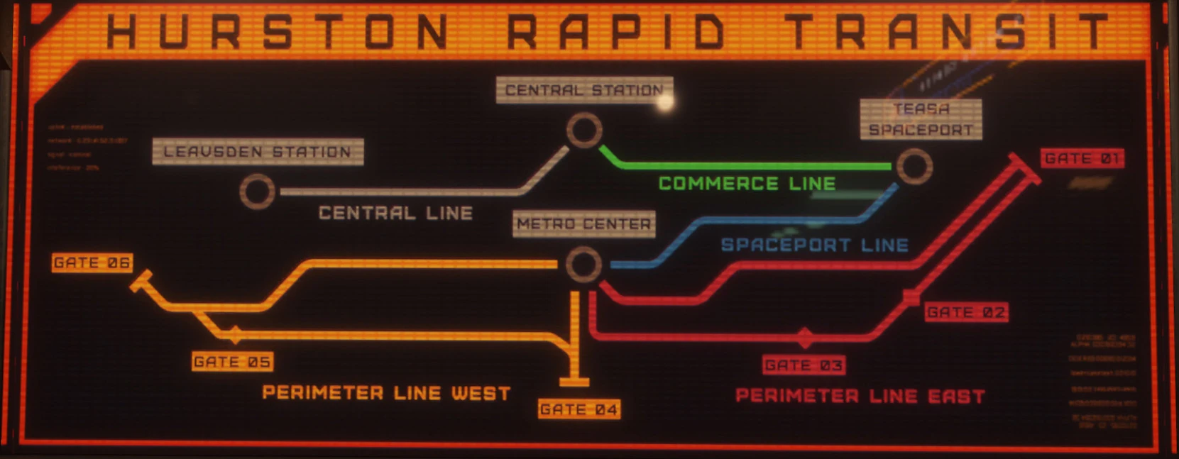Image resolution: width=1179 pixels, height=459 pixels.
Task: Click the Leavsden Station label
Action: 258,152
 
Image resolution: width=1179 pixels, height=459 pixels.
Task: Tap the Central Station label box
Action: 584,90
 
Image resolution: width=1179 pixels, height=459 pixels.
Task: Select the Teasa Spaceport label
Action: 921,119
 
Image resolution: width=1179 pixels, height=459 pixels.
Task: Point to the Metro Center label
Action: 583,224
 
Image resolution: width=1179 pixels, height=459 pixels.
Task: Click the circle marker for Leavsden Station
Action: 257,192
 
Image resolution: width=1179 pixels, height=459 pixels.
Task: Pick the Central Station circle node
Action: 584,131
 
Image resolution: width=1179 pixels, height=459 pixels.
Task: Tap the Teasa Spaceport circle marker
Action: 914,166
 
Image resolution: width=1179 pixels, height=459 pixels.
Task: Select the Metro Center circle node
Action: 583,265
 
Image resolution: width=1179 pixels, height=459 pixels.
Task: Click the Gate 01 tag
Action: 1082,158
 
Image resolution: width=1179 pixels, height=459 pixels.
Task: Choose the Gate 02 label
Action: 966,312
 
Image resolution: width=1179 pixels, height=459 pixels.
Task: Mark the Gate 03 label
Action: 804,365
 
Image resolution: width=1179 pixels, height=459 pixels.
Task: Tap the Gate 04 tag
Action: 578,409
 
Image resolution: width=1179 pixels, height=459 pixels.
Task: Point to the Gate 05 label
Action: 232,362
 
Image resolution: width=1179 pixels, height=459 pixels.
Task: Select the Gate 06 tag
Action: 92,262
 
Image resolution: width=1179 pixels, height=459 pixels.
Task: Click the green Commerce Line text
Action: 747,184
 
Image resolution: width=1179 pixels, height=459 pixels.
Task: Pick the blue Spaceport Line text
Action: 814,245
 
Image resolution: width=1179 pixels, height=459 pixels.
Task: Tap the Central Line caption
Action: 395,213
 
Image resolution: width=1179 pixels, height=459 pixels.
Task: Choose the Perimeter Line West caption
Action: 386,393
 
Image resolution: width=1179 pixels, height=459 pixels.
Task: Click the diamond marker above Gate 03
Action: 804,337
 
